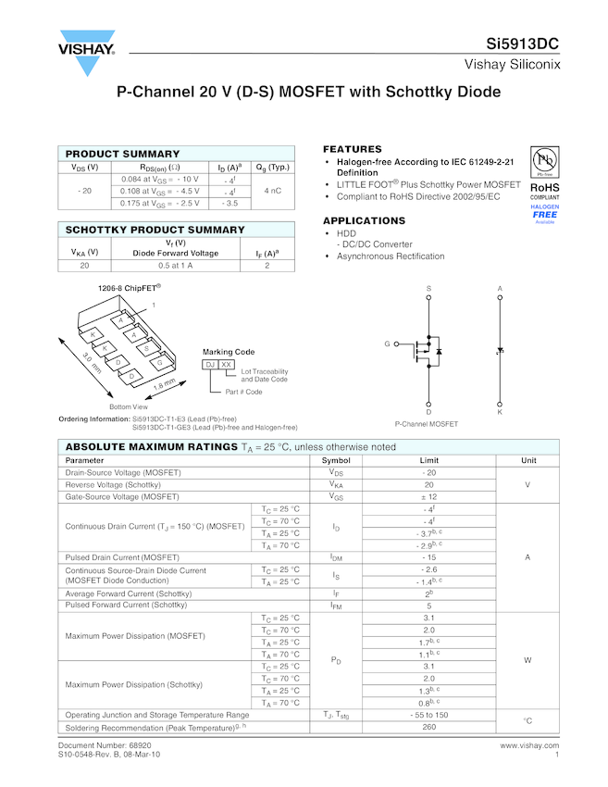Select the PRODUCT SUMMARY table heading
pyautogui.click(x=123, y=154)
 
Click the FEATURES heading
pyautogui.click(x=353, y=149)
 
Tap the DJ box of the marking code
pyautogui.click(x=211, y=366)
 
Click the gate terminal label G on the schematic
pyautogui.click(x=388, y=344)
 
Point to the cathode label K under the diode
pyautogui.click(x=500, y=412)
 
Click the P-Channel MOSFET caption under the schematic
pyautogui.click(x=427, y=424)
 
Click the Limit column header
pyautogui.click(x=429, y=460)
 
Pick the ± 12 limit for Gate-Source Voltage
pyautogui.click(x=429, y=496)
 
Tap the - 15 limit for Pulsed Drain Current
pyautogui.click(x=429, y=557)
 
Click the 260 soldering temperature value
pyautogui.click(x=429, y=727)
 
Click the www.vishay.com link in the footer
pyautogui.click(x=529, y=745)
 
